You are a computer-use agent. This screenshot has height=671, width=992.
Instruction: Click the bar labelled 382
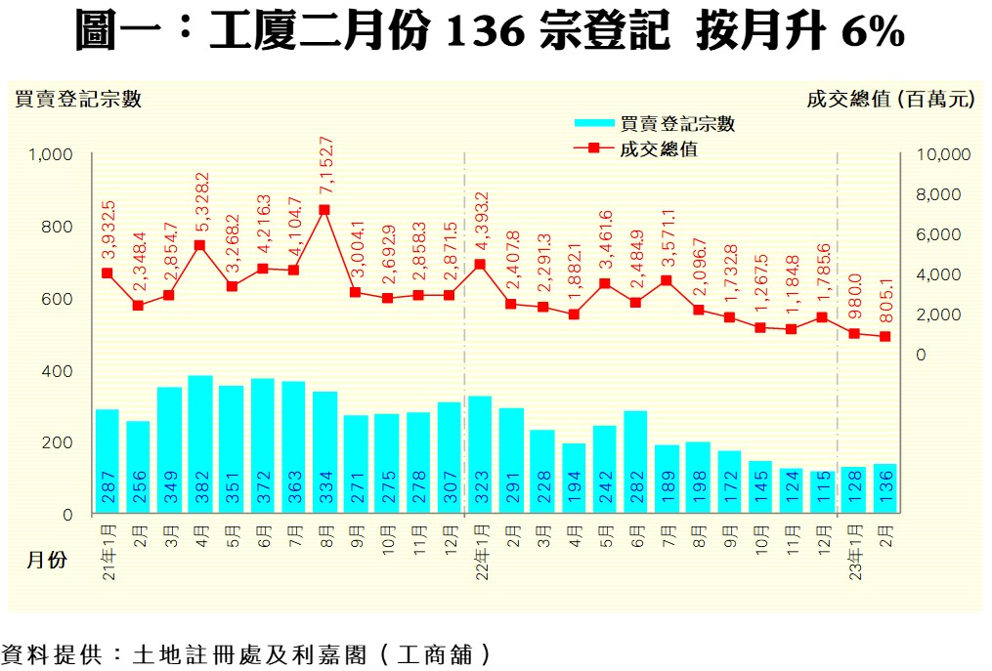coord(200,444)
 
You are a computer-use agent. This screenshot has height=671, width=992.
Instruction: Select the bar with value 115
coord(822,492)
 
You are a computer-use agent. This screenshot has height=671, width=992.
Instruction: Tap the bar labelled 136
coord(884,488)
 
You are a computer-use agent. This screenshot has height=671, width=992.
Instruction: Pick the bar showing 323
coord(480,454)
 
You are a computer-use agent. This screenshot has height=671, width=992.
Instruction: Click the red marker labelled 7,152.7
coord(324,210)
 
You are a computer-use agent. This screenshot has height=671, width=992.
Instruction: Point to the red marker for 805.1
coord(884,337)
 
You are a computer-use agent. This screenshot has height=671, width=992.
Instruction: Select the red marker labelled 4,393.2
coord(480,265)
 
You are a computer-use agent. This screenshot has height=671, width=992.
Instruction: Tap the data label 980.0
coord(853,296)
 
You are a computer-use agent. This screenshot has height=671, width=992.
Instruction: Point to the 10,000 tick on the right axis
coord(942,154)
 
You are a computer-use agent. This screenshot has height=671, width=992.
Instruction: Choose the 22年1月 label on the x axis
coord(481,553)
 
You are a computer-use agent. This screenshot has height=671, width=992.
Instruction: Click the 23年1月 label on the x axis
coord(853,553)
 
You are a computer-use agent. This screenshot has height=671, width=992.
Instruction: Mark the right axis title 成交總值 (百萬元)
coord(890,99)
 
